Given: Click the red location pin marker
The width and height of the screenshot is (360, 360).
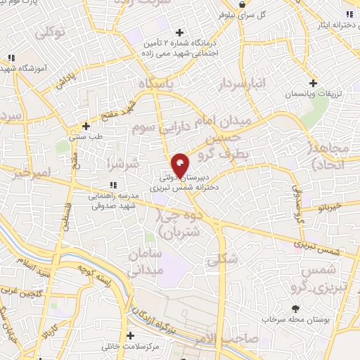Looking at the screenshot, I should click(x=180, y=165).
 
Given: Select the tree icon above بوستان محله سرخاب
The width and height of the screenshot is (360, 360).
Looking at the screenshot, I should click(x=295, y=308).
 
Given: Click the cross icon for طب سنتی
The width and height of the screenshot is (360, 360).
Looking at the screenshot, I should click(x=86, y=127).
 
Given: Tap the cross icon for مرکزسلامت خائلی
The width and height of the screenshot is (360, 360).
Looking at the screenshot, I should click(x=130, y=335).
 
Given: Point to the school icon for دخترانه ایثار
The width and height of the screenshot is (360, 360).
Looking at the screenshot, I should click(x=349, y=13).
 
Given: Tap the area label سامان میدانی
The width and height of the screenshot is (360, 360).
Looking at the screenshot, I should click(x=146, y=261).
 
